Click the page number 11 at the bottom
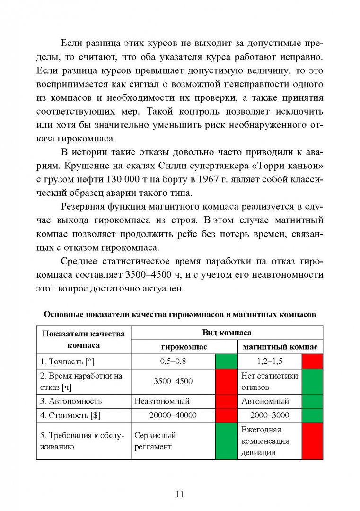(x=180, y=494)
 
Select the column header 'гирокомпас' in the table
(x=184, y=347)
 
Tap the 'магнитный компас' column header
(x=280, y=347)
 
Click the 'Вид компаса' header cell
(x=227, y=333)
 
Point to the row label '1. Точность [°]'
(x=67, y=361)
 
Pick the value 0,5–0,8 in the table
(x=173, y=361)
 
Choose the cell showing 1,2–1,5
(x=270, y=361)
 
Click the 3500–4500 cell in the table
(x=173, y=381)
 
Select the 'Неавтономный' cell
(x=162, y=401)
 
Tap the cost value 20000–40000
(x=173, y=415)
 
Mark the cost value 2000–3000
(x=270, y=415)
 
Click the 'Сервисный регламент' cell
(x=155, y=441)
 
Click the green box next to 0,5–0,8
(x=226, y=361)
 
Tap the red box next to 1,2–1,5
(x=312, y=361)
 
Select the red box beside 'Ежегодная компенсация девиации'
(x=312, y=441)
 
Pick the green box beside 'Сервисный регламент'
(x=226, y=441)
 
